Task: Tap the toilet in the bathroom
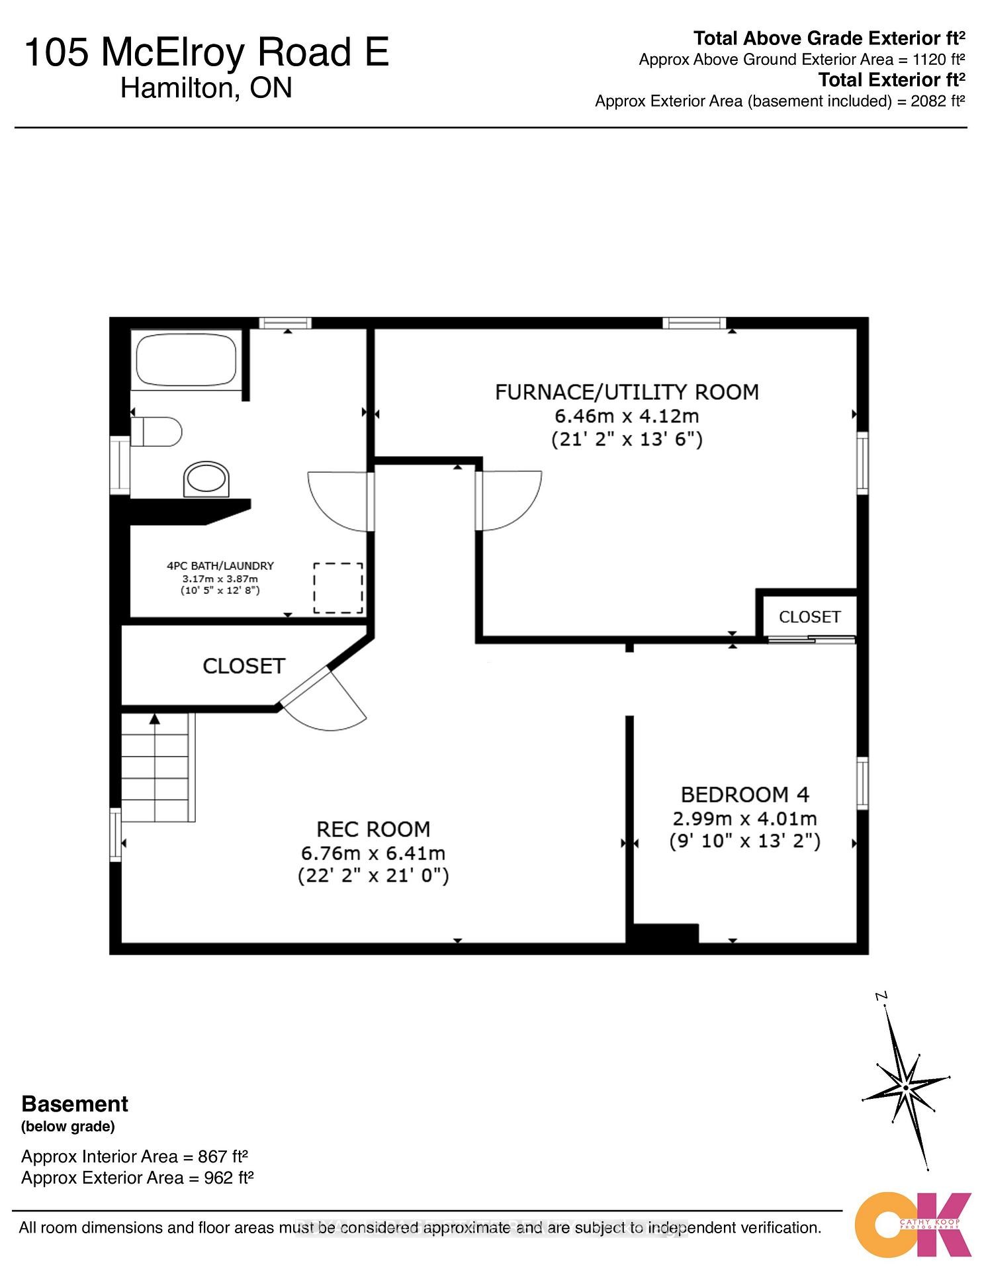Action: pyautogui.click(x=157, y=432)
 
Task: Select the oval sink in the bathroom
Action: pyautogui.click(x=206, y=479)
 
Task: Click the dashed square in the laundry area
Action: pyautogui.click(x=337, y=587)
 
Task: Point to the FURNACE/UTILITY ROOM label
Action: pyautogui.click(x=627, y=392)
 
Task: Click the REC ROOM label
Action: pyautogui.click(x=373, y=829)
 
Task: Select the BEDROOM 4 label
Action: pyautogui.click(x=745, y=794)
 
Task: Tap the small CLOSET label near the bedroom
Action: pyautogui.click(x=809, y=617)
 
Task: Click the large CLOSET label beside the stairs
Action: pyautogui.click(x=244, y=666)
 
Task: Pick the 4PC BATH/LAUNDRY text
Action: pyautogui.click(x=220, y=566)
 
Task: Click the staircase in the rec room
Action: pyautogui.click(x=157, y=768)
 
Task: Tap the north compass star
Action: pyautogui.click(x=905, y=1087)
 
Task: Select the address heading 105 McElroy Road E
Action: pyautogui.click(x=206, y=53)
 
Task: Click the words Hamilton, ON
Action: pyautogui.click(x=206, y=88)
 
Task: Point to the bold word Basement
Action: pyautogui.click(x=75, y=1104)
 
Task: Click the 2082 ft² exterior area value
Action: pyautogui.click(x=938, y=101)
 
